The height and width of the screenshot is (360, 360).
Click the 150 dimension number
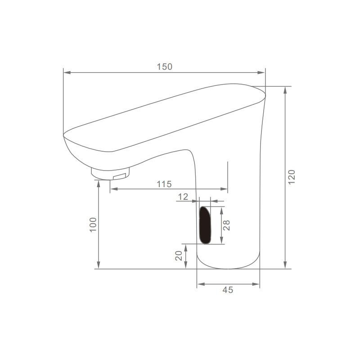pyautogui.click(x=164, y=67)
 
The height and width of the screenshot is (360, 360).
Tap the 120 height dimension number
pyautogui.click(x=292, y=177)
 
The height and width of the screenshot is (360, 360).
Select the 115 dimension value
pyautogui.click(x=164, y=184)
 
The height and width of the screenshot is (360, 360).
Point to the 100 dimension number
pyautogui.click(x=93, y=225)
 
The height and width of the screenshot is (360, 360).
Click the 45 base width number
pyautogui.click(x=228, y=290)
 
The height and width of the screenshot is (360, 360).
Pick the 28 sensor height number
pyautogui.click(x=226, y=225)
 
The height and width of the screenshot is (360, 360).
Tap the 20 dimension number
pyautogui.click(x=179, y=256)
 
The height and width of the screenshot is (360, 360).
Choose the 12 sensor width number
pyautogui.click(x=183, y=197)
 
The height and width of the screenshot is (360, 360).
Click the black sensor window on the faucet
pyautogui.click(x=205, y=225)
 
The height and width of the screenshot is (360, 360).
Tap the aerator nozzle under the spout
pyautogui.click(x=110, y=174)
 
